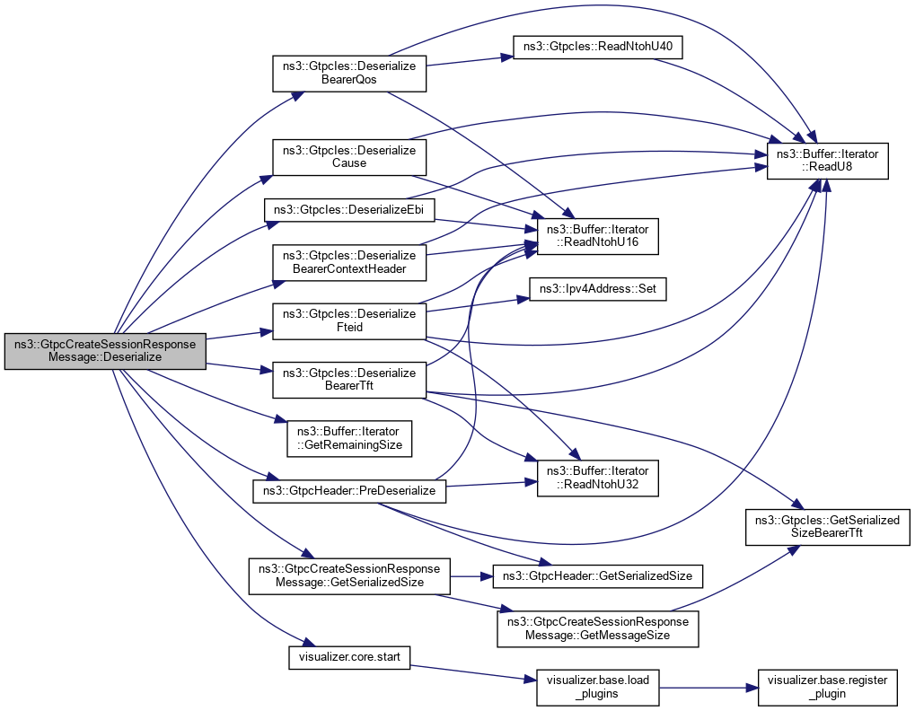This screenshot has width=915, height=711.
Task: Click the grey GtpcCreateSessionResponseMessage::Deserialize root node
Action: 106,350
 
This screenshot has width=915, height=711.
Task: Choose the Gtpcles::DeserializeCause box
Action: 349,157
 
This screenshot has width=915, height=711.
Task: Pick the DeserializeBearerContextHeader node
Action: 349,261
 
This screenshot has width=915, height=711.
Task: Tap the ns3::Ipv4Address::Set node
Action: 597,290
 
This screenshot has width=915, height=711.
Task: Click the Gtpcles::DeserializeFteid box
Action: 349,320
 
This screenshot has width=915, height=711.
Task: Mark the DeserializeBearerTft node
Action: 349,380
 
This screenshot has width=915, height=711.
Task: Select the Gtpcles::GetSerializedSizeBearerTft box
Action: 827,527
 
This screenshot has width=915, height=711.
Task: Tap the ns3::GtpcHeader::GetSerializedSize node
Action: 591,575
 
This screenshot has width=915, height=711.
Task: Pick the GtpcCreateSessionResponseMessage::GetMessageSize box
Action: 597,629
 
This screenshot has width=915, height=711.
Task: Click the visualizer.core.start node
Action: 349,657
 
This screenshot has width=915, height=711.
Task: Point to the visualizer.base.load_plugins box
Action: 597,687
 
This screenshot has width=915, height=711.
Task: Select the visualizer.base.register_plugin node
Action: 827,687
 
